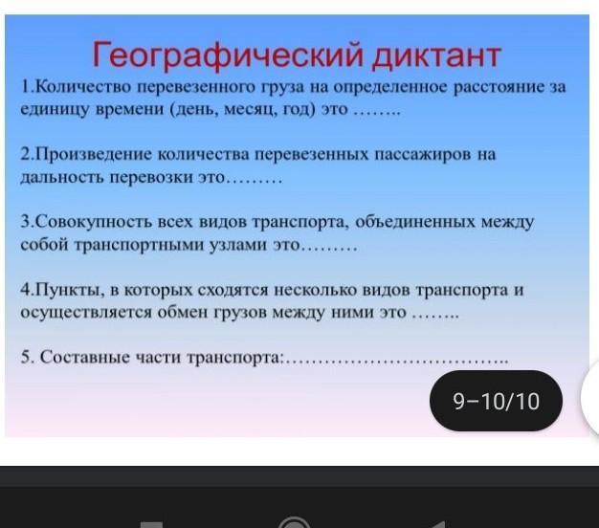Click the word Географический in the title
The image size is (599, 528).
228,55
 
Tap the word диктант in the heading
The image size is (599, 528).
436,55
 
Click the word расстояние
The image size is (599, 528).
498,87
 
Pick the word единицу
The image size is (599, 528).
55,110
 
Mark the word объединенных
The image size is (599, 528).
415,222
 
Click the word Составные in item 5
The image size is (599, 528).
85,358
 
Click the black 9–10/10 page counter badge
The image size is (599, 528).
496,401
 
